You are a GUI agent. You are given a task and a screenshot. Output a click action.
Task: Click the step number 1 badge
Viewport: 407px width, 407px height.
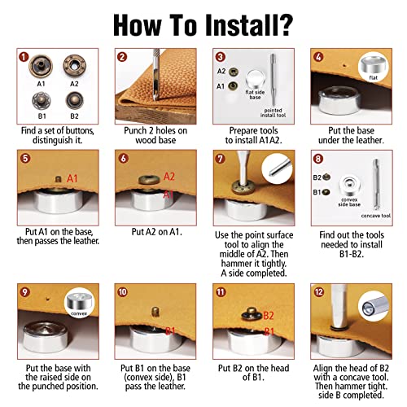coord(24,57)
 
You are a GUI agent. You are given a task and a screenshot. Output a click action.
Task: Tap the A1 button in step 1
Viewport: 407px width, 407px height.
coord(41,66)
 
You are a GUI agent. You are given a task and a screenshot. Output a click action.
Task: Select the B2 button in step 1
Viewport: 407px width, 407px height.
coord(74,100)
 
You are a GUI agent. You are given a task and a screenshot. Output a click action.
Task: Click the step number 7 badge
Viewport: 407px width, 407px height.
coord(220,159)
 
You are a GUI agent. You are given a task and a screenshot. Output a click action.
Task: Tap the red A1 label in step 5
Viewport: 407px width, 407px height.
coord(72,178)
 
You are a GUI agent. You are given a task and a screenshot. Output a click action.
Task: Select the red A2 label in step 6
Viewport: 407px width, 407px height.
coord(169,177)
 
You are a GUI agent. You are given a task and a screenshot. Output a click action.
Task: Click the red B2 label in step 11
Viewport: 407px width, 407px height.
coord(269,315)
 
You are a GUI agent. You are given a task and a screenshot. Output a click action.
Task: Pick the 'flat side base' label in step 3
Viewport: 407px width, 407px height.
coord(255,94)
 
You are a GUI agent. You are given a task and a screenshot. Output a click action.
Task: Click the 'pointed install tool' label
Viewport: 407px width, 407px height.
coord(273,112)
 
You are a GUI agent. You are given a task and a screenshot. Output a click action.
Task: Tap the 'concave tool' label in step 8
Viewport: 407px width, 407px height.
coord(376,216)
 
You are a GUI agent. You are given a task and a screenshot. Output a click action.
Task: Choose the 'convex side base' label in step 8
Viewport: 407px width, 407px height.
coord(349,202)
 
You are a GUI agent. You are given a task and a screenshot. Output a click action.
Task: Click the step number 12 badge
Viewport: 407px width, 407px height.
coord(318,292)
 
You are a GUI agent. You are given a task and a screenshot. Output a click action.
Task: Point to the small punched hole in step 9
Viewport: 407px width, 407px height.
coord(48,299)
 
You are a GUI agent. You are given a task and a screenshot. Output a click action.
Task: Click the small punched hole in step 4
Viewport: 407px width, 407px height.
coord(344,65)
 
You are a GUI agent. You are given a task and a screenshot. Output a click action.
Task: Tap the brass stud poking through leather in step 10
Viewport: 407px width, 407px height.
coord(155,311)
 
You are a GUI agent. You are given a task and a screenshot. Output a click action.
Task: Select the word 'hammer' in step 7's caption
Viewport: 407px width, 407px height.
coord(236,263)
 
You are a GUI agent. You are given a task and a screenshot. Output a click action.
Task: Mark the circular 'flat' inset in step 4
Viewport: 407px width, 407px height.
coord(373,67)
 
